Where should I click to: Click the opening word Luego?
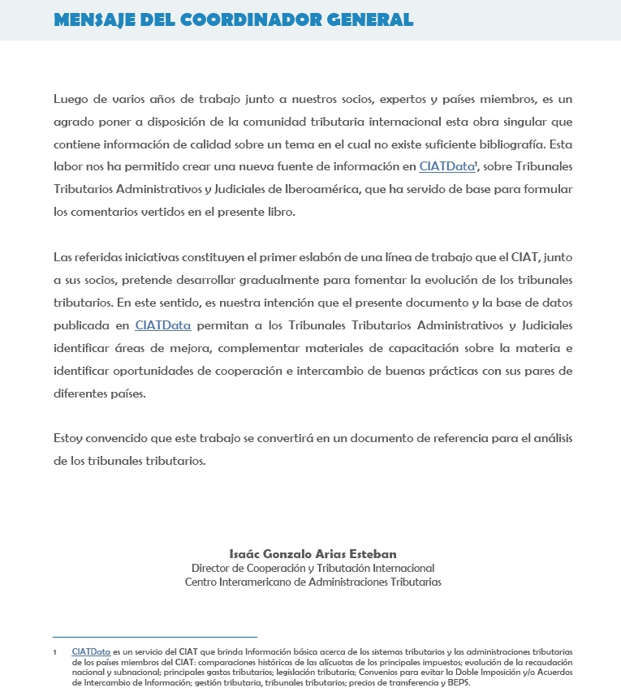click(x=71, y=99)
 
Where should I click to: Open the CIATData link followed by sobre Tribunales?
click(x=446, y=167)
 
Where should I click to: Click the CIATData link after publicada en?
click(x=163, y=325)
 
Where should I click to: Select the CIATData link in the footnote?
click(x=91, y=651)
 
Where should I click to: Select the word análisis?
click(x=549, y=438)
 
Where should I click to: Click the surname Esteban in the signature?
click(x=369, y=554)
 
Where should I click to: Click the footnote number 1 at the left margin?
click(x=54, y=652)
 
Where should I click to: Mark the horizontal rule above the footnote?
click(x=154, y=637)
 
